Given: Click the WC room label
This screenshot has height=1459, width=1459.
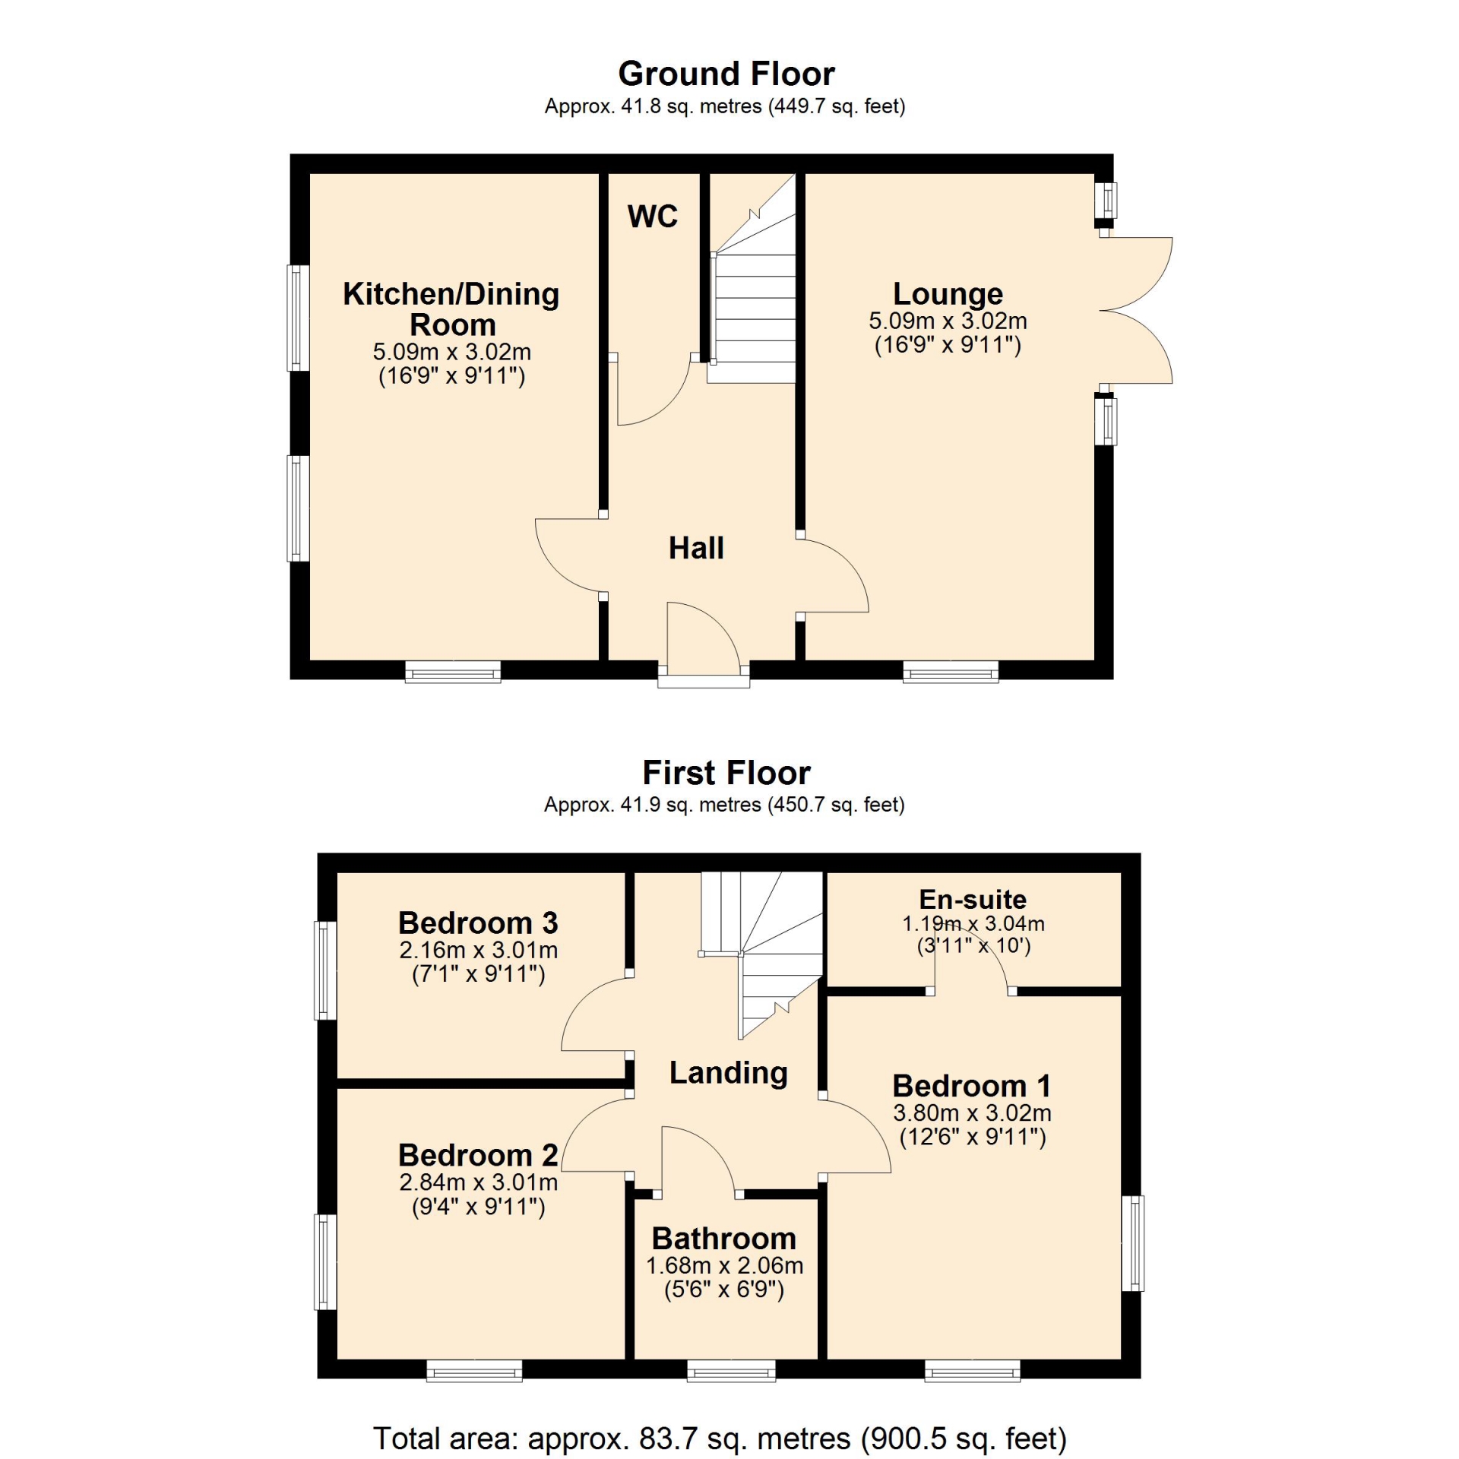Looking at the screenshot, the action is point(652,217).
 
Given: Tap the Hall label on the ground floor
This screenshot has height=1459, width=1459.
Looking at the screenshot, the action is point(696,548).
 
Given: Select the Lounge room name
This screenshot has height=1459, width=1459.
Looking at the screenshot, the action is point(948,293).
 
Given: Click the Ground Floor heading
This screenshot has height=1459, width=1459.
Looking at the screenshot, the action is point(726,74).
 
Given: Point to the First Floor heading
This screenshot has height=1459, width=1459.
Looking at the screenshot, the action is point(726,773).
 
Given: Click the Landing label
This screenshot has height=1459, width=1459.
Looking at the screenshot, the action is point(728,1073).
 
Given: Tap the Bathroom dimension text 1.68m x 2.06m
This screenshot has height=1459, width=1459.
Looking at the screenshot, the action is point(724,1265).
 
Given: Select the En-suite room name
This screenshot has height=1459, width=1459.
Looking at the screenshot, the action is point(973,899).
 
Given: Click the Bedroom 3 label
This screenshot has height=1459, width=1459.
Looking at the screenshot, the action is point(478,923).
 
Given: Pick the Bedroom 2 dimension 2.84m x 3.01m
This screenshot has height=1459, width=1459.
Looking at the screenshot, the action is point(479,1182).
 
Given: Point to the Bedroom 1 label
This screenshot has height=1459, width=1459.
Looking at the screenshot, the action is point(972,1085).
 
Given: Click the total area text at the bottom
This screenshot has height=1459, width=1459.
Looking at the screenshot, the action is point(720,1438).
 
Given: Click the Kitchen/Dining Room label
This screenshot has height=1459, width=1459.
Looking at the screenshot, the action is point(451,309).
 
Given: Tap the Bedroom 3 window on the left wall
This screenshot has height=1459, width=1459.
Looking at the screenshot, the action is point(326,970).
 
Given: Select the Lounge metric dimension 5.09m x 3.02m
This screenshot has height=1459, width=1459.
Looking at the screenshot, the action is point(948,321).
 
